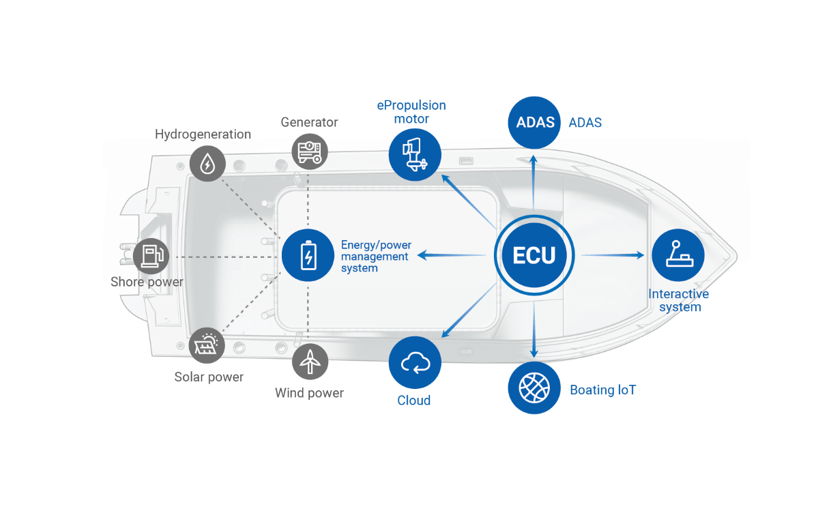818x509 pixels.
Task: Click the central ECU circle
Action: click(534, 255)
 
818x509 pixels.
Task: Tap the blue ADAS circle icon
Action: click(535, 123)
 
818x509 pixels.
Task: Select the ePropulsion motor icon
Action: click(415, 154)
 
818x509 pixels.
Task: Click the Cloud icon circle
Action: click(415, 363)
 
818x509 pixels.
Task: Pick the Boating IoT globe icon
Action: click(534, 388)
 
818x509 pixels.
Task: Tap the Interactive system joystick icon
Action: click(677, 255)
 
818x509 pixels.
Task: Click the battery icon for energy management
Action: click(308, 255)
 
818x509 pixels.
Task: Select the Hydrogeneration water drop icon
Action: click(206, 163)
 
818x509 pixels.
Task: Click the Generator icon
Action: click(310, 151)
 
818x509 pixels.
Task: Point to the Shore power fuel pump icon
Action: click(151, 256)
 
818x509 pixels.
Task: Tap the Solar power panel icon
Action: click(206, 345)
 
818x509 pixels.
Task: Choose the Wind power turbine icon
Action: click(310, 360)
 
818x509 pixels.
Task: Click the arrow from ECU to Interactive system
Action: click(613, 255)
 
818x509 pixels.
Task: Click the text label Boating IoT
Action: click(602, 390)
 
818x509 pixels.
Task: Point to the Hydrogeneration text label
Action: click(203, 134)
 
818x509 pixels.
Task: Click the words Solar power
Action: click(209, 377)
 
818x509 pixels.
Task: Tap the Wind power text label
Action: click(309, 393)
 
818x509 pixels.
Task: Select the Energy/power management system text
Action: click(375, 256)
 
